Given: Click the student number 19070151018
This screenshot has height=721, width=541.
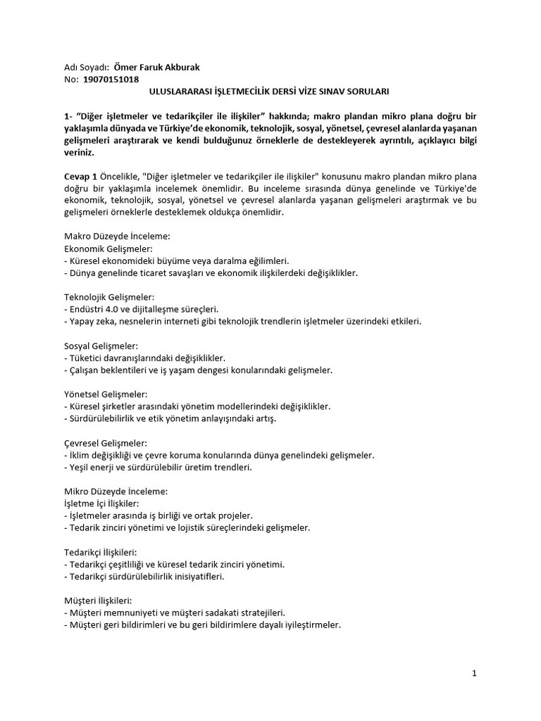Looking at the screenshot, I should pyautogui.click(x=111, y=80).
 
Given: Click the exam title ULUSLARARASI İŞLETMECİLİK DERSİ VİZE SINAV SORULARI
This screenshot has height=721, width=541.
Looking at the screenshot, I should pyautogui.click(x=270, y=92).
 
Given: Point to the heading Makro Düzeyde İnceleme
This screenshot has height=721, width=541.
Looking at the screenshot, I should pyautogui.click(x=117, y=237).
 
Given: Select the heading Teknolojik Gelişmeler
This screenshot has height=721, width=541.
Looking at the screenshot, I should pyautogui.click(x=109, y=297).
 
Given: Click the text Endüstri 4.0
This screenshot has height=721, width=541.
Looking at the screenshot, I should pyautogui.click(x=95, y=309).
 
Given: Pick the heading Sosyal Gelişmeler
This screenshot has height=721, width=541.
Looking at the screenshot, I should pyautogui.click(x=101, y=346).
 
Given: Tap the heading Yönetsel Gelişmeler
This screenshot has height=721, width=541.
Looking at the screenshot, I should pyautogui.click(x=106, y=394).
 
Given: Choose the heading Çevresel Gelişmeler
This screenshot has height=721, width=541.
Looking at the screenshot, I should pyautogui.click(x=106, y=443).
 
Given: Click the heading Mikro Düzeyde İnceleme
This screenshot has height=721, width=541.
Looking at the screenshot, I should pyautogui.click(x=116, y=491).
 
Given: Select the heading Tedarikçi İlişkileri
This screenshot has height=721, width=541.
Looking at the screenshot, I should pyautogui.click(x=100, y=552).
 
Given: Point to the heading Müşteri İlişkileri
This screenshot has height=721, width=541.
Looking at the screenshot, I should pyautogui.click(x=98, y=601).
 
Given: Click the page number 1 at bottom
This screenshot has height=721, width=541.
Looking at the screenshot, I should pyautogui.click(x=475, y=673).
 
